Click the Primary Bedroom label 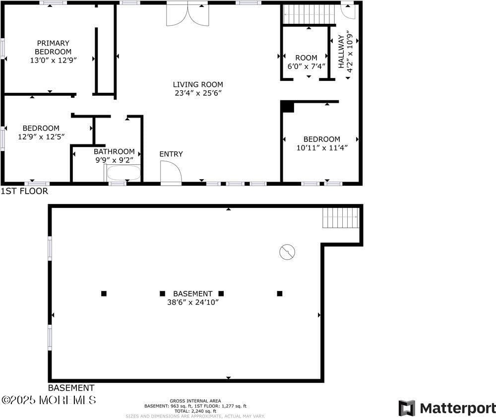(53, 47)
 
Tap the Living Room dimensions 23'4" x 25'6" (198, 93)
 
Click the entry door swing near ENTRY (170, 173)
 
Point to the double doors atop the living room (187, 14)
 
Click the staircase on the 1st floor (309, 14)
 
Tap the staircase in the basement (340, 217)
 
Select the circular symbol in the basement (287, 252)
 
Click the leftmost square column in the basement (104, 293)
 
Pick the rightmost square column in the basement (280, 293)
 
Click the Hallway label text (341, 52)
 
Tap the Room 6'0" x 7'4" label (306, 62)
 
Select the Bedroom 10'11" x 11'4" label (322, 143)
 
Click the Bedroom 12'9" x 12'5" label (41, 132)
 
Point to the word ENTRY (171, 154)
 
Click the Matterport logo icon (407, 408)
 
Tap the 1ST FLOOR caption (24, 191)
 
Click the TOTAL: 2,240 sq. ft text (195, 411)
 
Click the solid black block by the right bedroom (287, 106)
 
